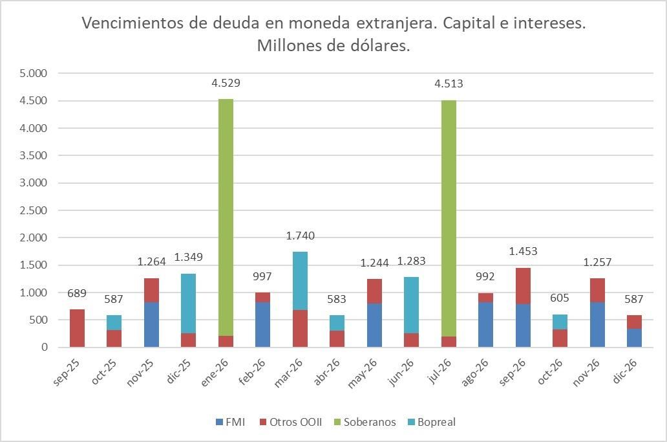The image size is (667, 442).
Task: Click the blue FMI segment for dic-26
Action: click(x=634, y=338)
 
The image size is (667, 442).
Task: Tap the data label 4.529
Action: click(x=226, y=83)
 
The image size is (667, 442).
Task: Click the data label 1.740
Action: click(x=300, y=236)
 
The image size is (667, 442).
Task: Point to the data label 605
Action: click(x=560, y=298)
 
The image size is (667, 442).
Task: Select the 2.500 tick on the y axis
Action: click(x=34, y=210)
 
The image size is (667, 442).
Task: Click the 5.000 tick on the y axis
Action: click(x=34, y=74)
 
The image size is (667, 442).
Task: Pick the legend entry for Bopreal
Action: click(x=432, y=422)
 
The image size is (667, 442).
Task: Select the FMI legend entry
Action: click(x=231, y=422)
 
